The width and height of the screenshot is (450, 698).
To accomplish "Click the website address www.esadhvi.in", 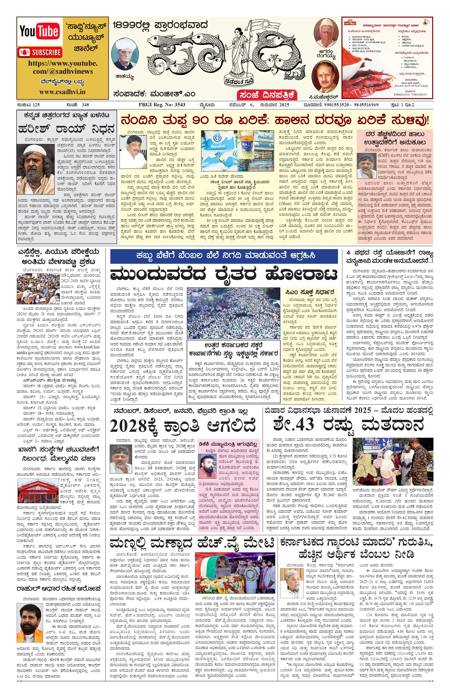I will (x=62, y=92).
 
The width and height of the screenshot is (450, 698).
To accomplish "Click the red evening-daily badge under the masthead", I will (x=267, y=95).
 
